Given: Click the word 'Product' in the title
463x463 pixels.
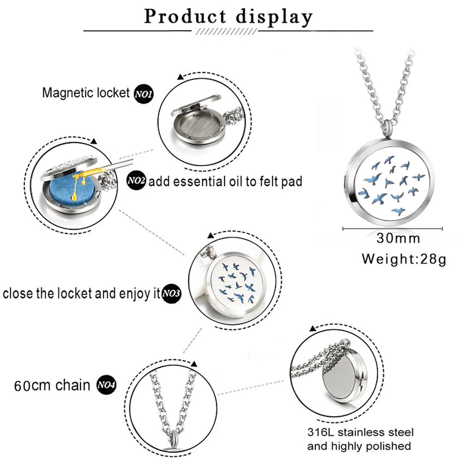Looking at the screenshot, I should pyautogui.click(x=186, y=17).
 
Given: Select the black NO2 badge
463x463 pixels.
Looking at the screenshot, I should pyautogui.click(x=137, y=181).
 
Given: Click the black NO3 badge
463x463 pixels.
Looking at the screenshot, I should pyautogui.click(x=171, y=294).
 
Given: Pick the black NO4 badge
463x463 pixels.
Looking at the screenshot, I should pyautogui.click(x=106, y=384).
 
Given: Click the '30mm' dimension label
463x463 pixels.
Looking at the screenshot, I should pyautogui.click(x=398, y=238).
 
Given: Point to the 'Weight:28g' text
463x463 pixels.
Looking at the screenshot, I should pyautogui.click(x=404, y=258).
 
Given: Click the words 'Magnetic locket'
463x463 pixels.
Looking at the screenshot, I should pyautogui.click(x=86, y=93).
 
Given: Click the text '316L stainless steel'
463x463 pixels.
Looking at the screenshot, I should pyautogui.click(x=361, y=432).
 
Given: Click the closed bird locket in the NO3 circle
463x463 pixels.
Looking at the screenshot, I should pyautogui.click(x=236, y=282).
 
